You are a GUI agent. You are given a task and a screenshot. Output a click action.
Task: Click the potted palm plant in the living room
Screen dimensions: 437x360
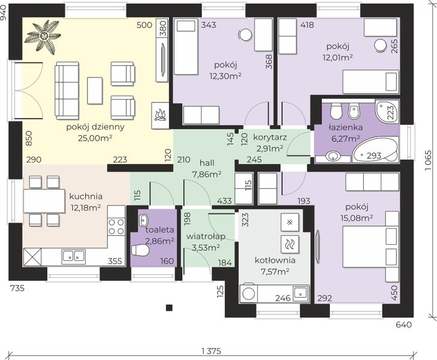point(44,35)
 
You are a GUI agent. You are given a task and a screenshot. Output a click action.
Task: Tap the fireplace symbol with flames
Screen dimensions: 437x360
point(160,115)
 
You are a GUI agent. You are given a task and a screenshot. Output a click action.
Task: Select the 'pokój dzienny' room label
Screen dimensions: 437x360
point(95,127)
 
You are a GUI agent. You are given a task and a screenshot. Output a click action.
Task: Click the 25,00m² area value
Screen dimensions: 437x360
point(95,138)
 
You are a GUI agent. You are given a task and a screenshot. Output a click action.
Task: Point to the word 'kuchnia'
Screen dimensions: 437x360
point(86,196)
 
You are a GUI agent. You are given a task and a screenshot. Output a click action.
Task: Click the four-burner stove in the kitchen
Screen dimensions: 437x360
point(116,226)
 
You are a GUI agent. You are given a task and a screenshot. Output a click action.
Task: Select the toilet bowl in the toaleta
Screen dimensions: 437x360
point(140,250)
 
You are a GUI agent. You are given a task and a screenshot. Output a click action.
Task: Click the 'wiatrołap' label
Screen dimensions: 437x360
point(206,237)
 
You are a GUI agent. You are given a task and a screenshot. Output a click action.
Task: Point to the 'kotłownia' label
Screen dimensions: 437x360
point(275,260)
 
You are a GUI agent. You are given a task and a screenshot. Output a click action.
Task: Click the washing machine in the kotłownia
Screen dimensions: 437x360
point(248,293)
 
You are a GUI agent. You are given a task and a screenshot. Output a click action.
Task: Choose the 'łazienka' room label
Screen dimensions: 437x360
point(346,128)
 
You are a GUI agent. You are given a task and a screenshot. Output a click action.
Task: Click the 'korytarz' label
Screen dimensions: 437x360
point(270,137)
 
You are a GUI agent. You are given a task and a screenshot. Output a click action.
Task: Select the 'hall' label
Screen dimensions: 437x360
point(207,163)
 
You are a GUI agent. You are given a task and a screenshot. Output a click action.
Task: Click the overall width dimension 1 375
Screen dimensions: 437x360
point(211,351)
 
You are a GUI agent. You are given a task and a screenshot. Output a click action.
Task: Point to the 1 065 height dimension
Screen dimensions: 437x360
point(428,161)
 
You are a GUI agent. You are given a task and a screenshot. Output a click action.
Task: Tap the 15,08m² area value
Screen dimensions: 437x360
point(357,218)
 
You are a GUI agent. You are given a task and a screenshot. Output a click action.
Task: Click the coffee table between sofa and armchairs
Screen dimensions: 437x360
point(95,91)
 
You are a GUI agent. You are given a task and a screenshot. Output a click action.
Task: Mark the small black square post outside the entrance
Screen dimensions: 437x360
point(169,308)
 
